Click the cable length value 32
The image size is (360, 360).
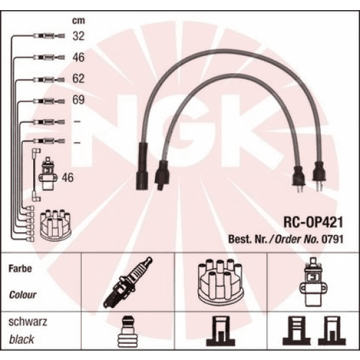[79, 37]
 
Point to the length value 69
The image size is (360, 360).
[79, 101]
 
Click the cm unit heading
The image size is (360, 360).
[78, 20]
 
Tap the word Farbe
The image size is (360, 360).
[20, 269]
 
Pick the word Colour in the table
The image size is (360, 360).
[23, 295]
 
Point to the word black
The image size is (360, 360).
[22, 339]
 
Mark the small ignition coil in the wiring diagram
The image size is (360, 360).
[48, 175]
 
